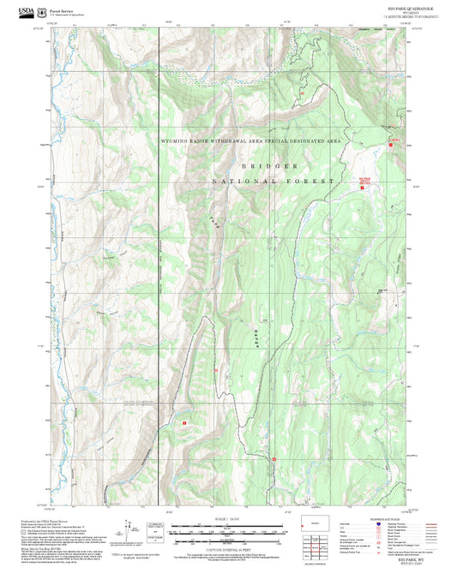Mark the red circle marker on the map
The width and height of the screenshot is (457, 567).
click(274, 460)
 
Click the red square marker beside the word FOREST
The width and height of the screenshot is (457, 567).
click(362, 188)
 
